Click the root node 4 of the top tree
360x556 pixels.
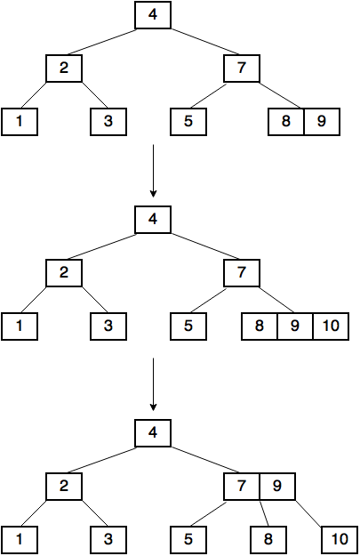(153, 15)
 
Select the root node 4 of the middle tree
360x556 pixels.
(153, 220)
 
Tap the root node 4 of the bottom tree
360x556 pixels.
(153, 433)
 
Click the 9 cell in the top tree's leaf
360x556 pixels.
(322, 122)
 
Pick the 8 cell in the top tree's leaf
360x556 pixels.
(286, 122)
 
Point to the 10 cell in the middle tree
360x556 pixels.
(331, 326)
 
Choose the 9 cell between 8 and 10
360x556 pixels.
(295, 326)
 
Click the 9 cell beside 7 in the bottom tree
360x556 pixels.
(277, 486)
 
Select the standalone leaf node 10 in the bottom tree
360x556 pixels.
(340, 540)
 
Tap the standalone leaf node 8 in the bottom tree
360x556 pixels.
(268, 540)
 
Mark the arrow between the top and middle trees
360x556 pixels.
(153, 171)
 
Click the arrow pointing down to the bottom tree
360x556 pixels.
(153, 384)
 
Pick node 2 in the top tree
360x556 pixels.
(64, 68)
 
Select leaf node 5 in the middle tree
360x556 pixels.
(188, 326)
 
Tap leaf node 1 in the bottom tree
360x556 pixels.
(20, 540)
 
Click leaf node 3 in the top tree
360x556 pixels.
(108, 122)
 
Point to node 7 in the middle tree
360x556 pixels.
(242, 273)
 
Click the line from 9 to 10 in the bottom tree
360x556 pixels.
(308, 513)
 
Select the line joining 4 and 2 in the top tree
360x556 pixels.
(101, 42)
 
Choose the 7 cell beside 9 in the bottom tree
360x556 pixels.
(242, 486)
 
